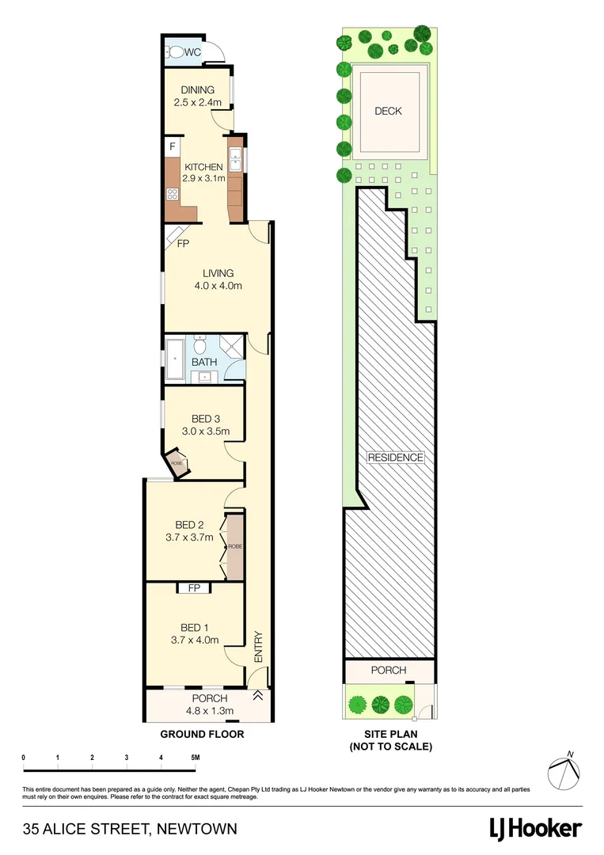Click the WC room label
(193, 53)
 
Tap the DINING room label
(192, 89)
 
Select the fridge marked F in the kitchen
(173, 147)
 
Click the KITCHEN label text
(203, 167)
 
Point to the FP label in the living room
(182, 244)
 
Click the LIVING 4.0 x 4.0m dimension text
(218, 286)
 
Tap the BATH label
(203, 363)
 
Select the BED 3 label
(206, 419)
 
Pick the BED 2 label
(190, 524)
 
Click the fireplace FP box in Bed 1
(194, 588)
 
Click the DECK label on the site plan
(388, 111)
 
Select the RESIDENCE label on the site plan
(395, 458)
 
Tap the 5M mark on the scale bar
(195, 758)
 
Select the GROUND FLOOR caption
(202, 734)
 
